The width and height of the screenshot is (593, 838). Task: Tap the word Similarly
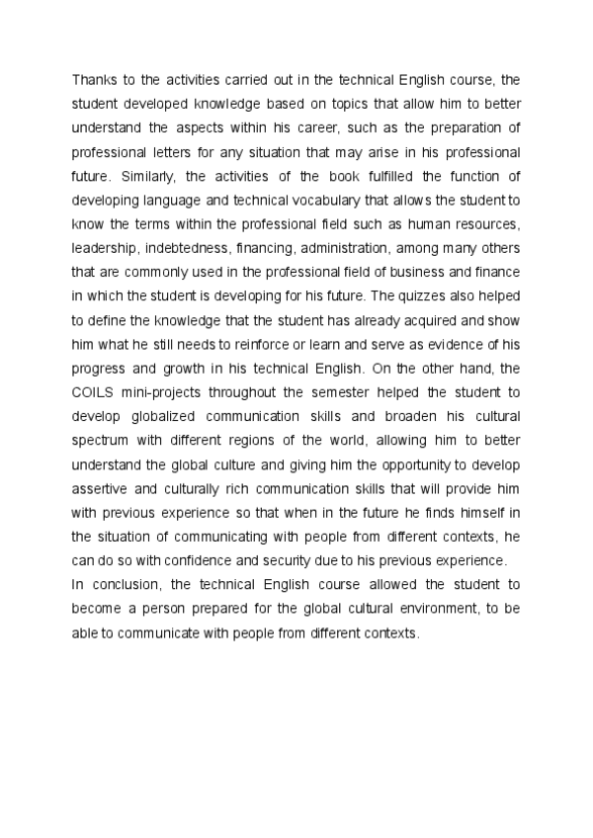click(144, 179)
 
